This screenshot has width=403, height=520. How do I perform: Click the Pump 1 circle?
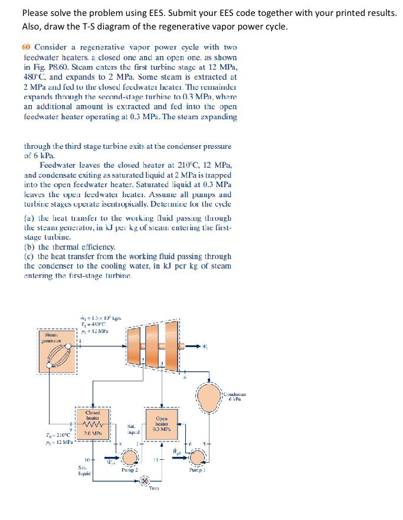208,457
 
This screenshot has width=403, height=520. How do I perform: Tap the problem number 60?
27,47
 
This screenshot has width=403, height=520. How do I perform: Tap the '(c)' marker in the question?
28,257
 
